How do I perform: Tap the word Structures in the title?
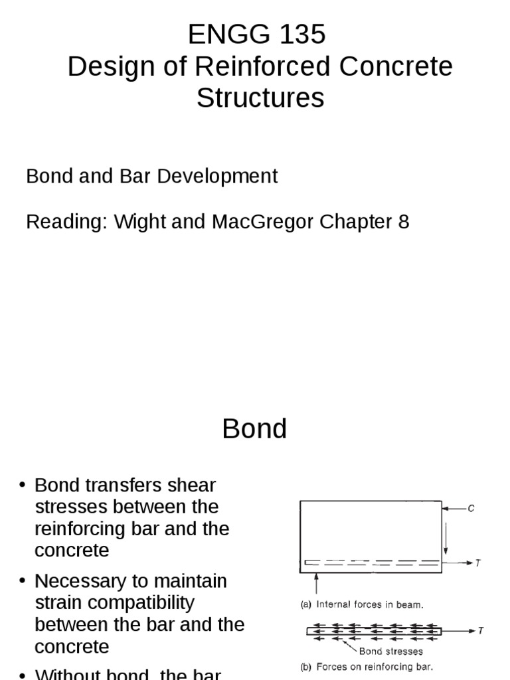[x=260, y=98]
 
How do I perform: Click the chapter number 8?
[x=404, y=221]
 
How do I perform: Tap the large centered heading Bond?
[x=254, y=429]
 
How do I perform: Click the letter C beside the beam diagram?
[x=471, y=509]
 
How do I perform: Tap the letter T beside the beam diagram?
[x=477, y=563]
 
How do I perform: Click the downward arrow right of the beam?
[x=447, y=538]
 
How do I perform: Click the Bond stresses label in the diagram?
[x=390, y=651]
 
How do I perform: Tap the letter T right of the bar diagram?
[x=481, y=630]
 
